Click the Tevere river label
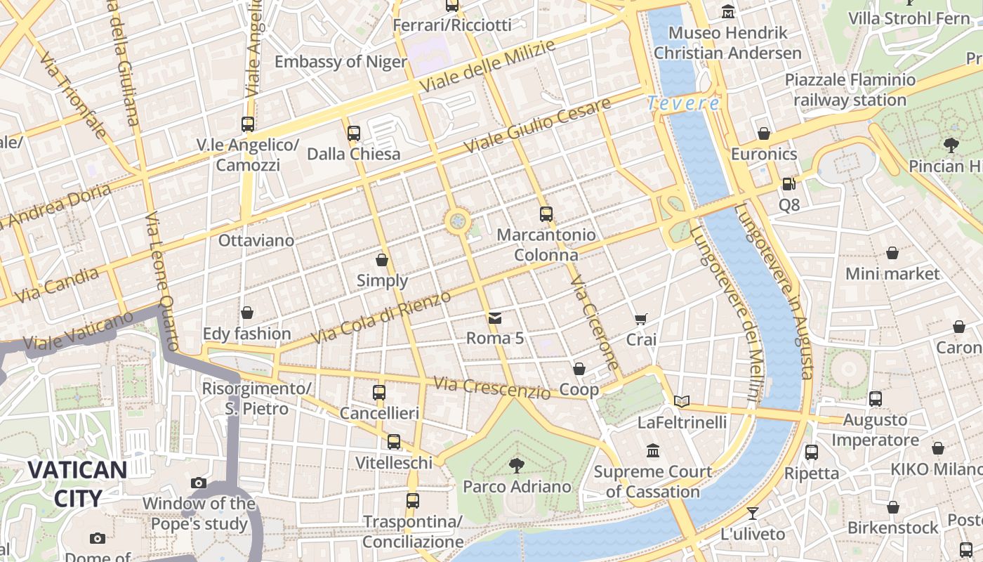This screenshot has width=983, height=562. pos(683,103)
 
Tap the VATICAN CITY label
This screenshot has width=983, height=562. pos(77,484)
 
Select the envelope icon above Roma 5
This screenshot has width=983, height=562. pos(495,318)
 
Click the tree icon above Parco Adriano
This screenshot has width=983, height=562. pos(517,465)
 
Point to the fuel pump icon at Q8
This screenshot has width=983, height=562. pos(789,184)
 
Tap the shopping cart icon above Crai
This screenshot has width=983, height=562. pos(640,320)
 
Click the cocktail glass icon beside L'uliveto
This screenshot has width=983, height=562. pos(753,513)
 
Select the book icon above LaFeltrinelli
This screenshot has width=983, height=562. pos(681,401)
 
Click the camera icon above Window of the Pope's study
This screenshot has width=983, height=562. pos(199,483)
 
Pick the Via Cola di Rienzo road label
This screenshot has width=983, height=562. pos(381,318)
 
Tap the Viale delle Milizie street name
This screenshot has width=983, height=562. pos(488,65)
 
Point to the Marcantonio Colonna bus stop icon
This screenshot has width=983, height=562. pos(546,214)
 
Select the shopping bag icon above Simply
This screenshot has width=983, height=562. pos(382,260)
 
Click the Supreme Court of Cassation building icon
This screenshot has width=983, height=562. pos(653,450)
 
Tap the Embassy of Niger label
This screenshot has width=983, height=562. pos(341,62)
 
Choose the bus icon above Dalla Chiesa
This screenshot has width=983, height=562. pos(353,133)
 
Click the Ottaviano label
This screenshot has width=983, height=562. pos(256,240)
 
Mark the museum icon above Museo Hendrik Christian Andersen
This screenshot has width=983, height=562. pos(728,12)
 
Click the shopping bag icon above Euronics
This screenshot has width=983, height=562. pos(764,133)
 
